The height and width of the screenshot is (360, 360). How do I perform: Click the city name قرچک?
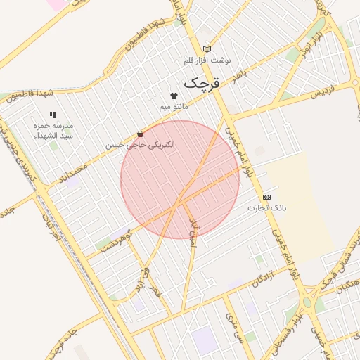click(202, 83)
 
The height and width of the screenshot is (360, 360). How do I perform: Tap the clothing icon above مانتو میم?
click(174, 95)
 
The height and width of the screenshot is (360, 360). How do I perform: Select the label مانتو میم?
click(174, 106)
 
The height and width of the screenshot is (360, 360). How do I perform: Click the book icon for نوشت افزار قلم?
click(207, 49)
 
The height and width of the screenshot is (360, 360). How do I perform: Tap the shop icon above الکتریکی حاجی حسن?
click(141, 134)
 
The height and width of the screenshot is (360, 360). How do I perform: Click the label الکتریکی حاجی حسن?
click(141, 145)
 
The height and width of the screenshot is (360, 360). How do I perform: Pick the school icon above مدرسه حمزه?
click(52, 114)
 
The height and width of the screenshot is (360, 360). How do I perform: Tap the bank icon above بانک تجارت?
click(266, 197)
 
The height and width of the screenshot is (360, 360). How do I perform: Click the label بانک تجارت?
click(266, 208)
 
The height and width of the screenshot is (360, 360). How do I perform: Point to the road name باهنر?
click(241, 74)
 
